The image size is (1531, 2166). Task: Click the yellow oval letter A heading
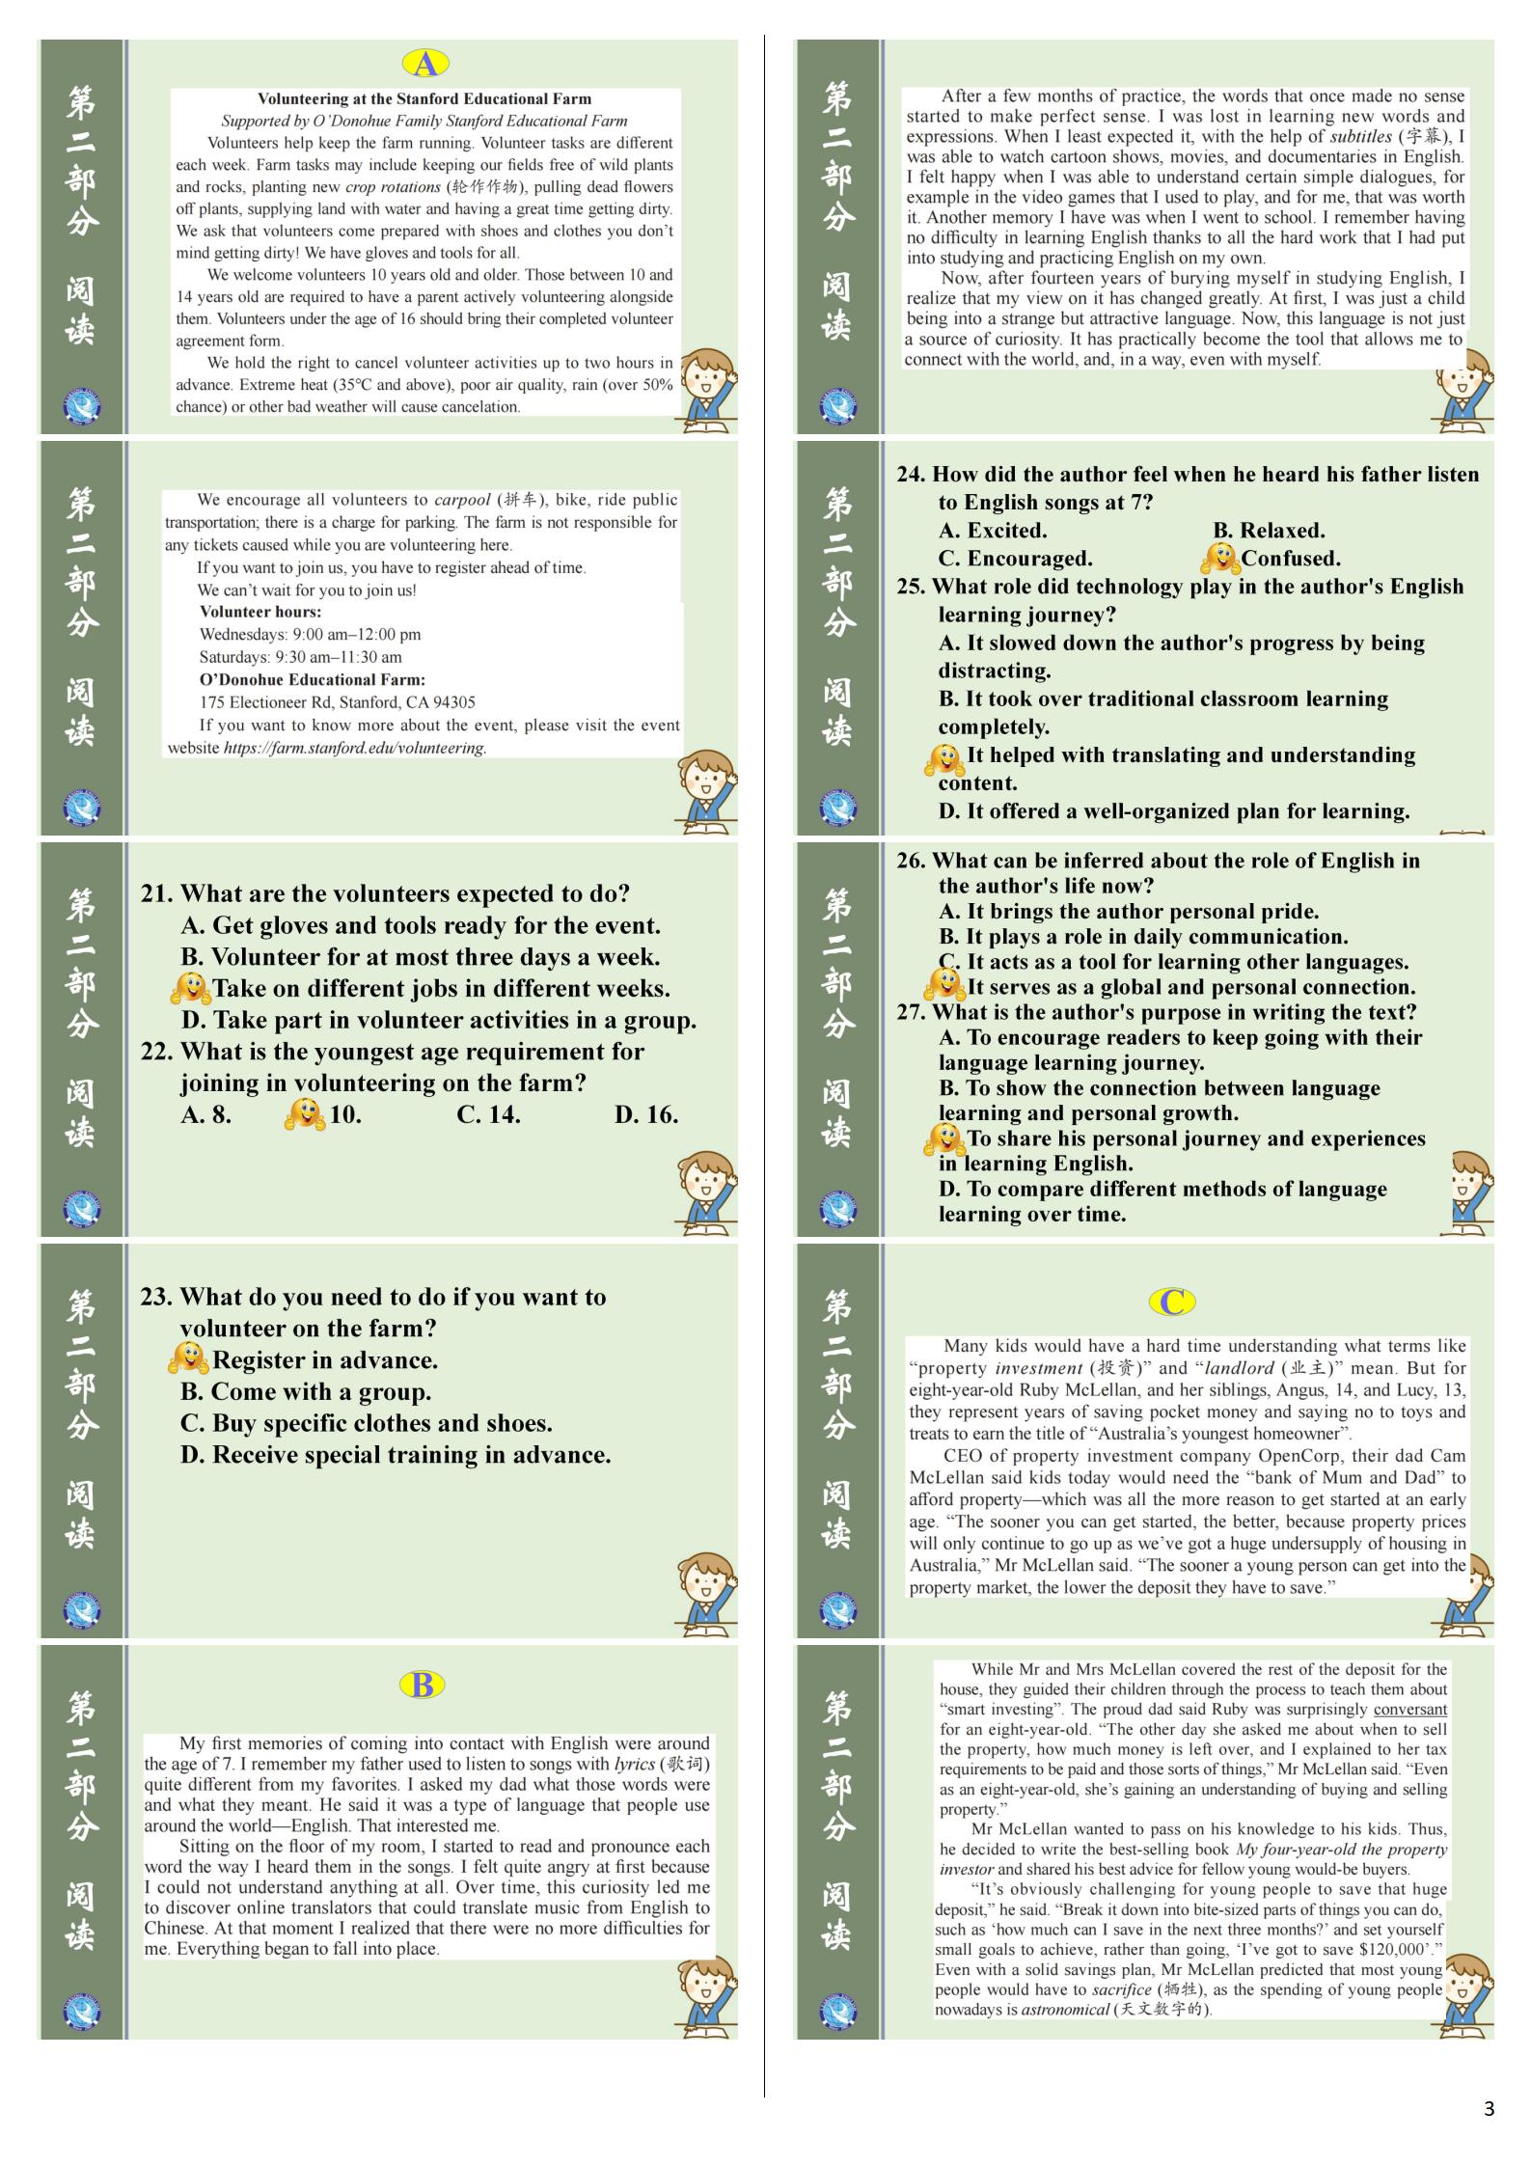click(425, 64)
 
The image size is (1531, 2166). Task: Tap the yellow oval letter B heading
click(422, 1685)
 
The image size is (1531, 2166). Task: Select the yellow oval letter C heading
click(1172, 1302)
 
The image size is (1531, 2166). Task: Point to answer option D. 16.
click(645, 1114)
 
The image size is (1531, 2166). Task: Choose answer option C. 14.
click(488, 1114)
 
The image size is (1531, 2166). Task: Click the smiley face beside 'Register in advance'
click(188, 1358)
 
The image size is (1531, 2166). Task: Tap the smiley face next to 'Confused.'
click(1219, 558)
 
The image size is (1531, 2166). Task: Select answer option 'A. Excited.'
click(993, 530)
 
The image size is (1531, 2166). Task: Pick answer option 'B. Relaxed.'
click(1269, 530)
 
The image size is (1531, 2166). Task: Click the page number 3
click(1489, 2109)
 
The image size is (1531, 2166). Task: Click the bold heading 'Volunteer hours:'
click(260, 612)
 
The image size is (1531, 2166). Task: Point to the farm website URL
click(355, 748)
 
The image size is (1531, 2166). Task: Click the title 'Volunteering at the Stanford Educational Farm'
click(424, 98)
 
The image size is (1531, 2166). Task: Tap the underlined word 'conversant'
click(1409, 1709)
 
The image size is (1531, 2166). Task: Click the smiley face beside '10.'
click(305, 1114)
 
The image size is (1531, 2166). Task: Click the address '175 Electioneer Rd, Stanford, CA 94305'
click(337, 702)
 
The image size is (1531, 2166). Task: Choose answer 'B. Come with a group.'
click(306, 1391)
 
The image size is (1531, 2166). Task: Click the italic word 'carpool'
click(462, 500)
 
